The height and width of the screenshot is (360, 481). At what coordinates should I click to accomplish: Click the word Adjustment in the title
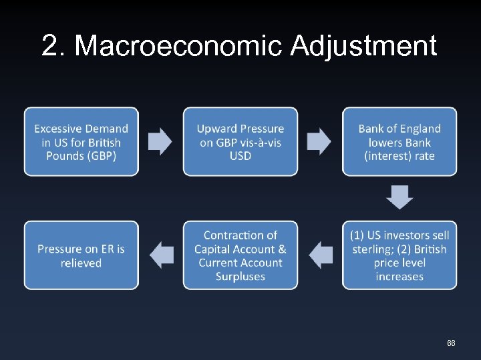(x=363, y=46)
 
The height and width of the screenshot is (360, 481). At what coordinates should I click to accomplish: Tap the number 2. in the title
(x=54, y=46)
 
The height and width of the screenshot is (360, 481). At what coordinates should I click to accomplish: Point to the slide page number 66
(x=451, y=343)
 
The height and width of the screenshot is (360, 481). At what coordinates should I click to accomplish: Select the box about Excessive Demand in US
(x=81, y=141)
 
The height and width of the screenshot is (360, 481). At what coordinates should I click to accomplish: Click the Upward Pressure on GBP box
(x=240, y=141)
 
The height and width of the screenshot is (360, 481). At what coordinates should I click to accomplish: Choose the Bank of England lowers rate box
(x=399, y=141)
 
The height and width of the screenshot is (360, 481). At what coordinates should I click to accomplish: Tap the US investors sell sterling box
(x=399, y=255)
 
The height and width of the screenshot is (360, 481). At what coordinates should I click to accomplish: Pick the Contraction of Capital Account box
(x=240, y=255)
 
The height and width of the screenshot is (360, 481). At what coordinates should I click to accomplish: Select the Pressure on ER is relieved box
(x=81, y=255)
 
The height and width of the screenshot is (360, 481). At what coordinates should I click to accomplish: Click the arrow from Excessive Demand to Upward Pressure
(x=160, y=141)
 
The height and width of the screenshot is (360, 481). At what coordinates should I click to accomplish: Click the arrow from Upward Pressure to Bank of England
(x=319, y=141)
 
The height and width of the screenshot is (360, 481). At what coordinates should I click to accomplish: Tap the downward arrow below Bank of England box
(x=399, y=197)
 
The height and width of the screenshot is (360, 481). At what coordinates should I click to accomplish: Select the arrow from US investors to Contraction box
(x=321, y=254)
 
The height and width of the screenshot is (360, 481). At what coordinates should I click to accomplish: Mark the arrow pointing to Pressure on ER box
(x=161, y=254)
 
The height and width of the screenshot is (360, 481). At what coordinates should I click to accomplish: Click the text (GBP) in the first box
(x=100, y=156)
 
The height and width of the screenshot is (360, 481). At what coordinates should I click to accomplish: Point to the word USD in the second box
(x=240, y=156)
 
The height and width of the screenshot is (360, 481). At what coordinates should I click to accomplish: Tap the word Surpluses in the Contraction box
(x=240, y=277)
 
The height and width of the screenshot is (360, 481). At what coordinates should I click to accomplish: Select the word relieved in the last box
(x=81, y=263)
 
